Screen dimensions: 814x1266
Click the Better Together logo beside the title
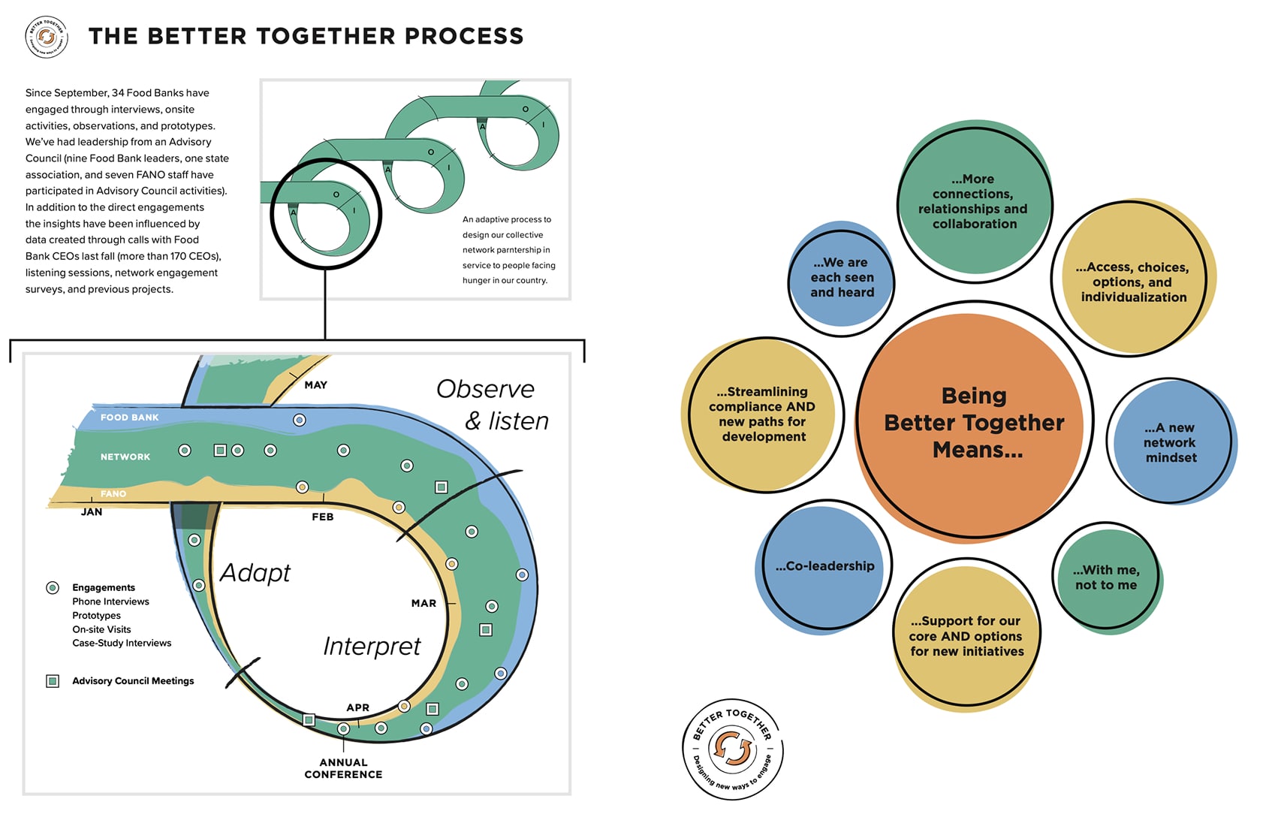pos(47,37)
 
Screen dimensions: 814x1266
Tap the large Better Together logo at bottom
pos(732,749)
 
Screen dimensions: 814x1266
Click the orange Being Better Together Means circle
pos(974,423)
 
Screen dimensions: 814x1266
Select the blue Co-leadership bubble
pos(824,567)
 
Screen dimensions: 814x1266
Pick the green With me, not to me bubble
pos(1106,578)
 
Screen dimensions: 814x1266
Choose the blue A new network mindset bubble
pos(1171,442)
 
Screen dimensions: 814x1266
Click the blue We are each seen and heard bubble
pos(842,278)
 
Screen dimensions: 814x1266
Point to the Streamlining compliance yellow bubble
pos(762,415)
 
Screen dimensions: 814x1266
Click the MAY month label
pos(315,385)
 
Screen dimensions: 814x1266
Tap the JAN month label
pos(92,512)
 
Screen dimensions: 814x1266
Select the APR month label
pos(357,707)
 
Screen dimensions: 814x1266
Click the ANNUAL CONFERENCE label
pos(343,768)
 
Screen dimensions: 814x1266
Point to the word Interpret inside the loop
pos(372,647)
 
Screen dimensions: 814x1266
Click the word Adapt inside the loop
pos(255,573)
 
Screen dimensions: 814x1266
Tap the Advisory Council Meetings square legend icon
pos(53,681)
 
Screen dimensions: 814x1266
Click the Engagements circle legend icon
pos(53,588)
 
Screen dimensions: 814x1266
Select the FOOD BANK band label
pos(129,418)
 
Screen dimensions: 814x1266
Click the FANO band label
pos(113,494)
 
